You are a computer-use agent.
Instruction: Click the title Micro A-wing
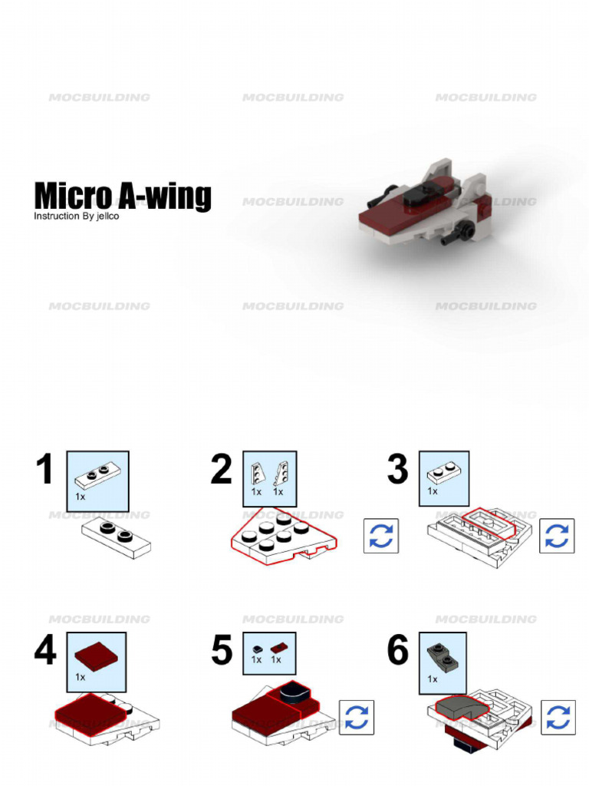click(122, 196)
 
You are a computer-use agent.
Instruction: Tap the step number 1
click(45, 469)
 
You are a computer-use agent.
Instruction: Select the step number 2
click(221, 469)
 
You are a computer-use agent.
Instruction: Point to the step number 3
click(397, 469)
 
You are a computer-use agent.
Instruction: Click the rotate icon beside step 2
click(381, 536)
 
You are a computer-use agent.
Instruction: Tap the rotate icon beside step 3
click(558, 536)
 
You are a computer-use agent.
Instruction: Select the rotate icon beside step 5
click(357, 717)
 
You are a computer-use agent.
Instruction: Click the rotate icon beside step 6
click(558, 717)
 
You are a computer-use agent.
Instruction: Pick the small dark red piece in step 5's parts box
click(278, 647)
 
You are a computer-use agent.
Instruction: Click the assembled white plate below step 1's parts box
click(117, 537)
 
